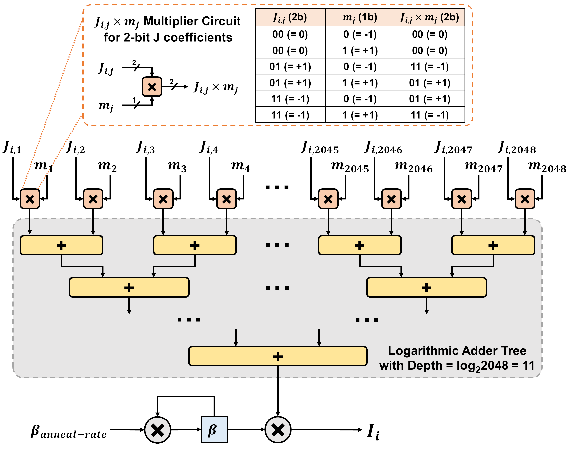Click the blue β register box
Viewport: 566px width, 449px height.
click(x=214, y=429)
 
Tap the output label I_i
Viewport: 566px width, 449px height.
click(x=373, y=432)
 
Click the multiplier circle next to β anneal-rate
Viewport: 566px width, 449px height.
click(x=157, y=430)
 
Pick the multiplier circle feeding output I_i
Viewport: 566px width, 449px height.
click(x=278, y=430)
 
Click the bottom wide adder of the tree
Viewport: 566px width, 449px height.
click(x=278, y=356)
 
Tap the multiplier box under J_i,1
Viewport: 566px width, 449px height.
click(x=30, y=199)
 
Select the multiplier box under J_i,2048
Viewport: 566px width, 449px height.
click(x=525, y=199)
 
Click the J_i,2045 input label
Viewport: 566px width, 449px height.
click(x=320, y=148)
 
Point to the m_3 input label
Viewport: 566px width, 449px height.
click(x=177, y=166)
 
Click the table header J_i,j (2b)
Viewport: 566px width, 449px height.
click(x=290, y=18)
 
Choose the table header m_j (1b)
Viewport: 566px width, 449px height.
click(x=360, y=18)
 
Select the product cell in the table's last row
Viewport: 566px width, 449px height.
click(x=430, y=115)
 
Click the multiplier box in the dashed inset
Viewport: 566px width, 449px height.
click(x=152, y=87)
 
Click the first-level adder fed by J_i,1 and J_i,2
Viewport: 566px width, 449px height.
click(x=61, y=245)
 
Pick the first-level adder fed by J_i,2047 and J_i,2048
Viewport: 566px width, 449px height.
click(x=493, y=245)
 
